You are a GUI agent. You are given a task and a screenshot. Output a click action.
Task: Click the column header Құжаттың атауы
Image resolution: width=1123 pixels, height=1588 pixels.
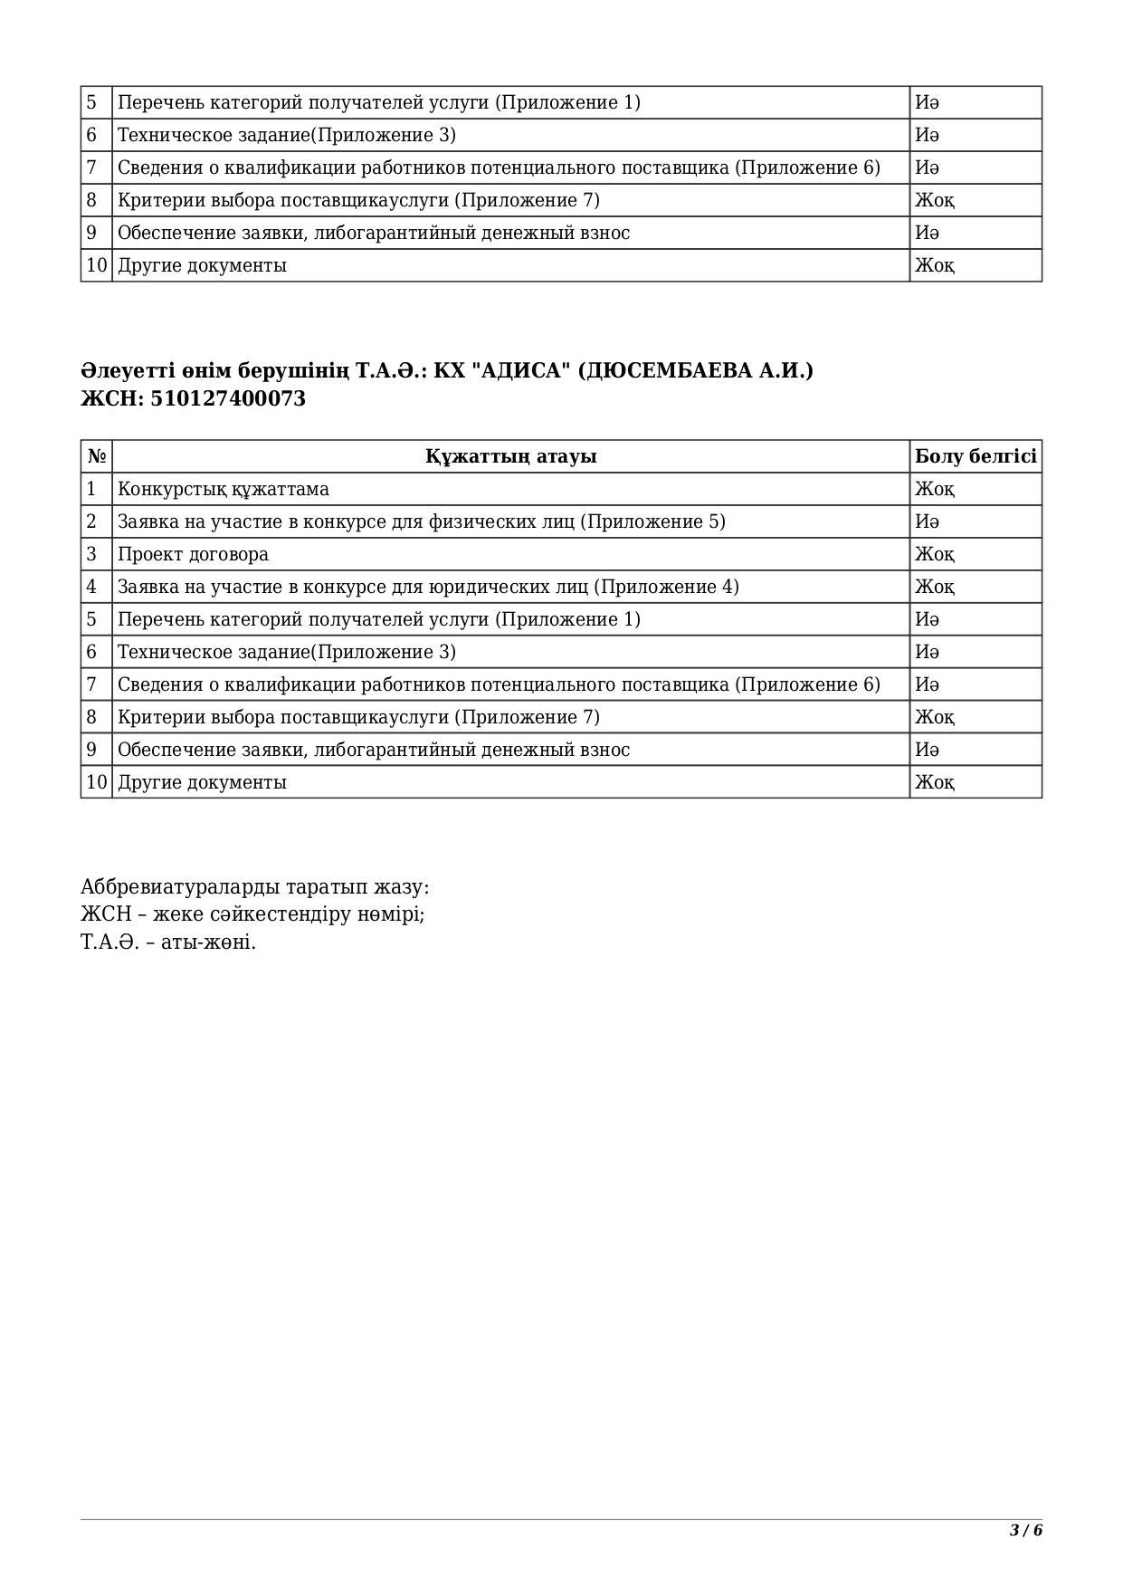(x=510, y=456)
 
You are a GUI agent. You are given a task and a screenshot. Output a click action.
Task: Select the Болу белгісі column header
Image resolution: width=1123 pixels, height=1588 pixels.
(x=975, y=456)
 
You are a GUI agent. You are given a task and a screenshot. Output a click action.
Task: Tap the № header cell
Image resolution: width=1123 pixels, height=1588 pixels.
(x=97, y=456)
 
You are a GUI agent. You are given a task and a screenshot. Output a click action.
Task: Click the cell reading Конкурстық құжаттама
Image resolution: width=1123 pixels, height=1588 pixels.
(x=224, y=489)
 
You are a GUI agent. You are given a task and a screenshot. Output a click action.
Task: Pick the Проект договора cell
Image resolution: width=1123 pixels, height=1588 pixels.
(x=193, y=554)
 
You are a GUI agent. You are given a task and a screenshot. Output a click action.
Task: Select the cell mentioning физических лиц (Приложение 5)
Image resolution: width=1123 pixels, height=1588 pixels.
(x=421, y=521)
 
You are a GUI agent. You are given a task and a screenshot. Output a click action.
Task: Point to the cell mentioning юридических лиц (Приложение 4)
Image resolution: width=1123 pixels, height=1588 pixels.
(x=428, y=587)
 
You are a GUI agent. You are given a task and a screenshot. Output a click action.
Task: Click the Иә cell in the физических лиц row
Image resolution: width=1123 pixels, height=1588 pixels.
(x=927, y=521)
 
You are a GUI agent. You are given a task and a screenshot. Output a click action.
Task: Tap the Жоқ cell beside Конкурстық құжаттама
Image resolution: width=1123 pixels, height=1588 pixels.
(x=934, y=489)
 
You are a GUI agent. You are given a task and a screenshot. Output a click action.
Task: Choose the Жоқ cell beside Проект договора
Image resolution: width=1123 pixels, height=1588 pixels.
(x=934, y=554)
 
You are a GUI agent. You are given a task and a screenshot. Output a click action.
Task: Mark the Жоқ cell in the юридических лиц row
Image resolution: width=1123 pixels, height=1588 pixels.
(x=934, y=587)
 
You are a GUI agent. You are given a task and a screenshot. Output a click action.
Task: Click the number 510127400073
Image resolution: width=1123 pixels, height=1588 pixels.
(x=228, y=399)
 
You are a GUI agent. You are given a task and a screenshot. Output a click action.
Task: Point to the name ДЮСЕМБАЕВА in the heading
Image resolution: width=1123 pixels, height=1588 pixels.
(x=674, y=371)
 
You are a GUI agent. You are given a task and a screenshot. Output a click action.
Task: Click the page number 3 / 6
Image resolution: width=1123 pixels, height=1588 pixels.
(x=1026, y=1531)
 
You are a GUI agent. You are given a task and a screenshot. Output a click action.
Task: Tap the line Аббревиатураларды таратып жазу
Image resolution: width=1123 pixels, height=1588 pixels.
(x=254, y=886)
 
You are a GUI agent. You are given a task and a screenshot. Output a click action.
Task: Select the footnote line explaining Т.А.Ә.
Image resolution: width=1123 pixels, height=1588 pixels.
(x=168, y=942)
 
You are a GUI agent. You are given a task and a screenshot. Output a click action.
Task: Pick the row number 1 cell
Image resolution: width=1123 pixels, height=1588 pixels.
(x=91, y=489)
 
